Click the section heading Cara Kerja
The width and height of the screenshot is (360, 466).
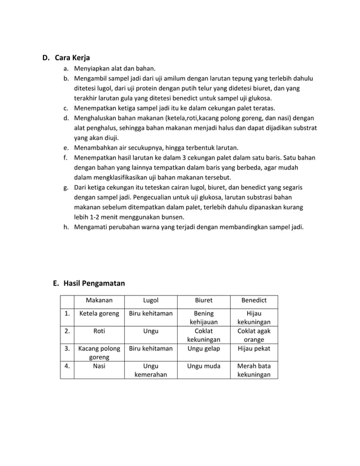pyautogui.click(x=72, y=58)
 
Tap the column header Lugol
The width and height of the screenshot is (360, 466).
pyautogui.click(x=151, y=301)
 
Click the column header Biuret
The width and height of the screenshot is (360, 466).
pyautogui.click(x=203, y=301)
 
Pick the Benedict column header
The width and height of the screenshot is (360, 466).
pyautogui.click(x=254, y=301)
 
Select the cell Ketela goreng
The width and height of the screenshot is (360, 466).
pyautogui.click(x=99, y=314)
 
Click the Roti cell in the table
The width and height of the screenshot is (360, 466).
pyautogui.click(x=99, y=331)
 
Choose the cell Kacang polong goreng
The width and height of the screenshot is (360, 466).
pyautogui.click(x=99, y=353)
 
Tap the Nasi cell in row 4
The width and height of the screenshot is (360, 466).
pyautogui.click(x=99, y=366)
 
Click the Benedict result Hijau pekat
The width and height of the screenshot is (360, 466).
pyautogui.click(x=254, y=349)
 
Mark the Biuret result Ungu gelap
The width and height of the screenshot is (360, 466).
pyautogui.click(x=203, y=349)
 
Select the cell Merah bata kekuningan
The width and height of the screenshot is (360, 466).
pyautogui.click(x=254, y=370)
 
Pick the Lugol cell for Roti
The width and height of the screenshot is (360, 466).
pyautogui.click(x=151, y=331)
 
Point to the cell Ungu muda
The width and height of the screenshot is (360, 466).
pyautogui.click(x=203, y=366)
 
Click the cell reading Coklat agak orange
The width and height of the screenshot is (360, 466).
pyautogui.click(x=254, y=336)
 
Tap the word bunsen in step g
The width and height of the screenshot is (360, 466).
pyautogui.click(x=172, y=217)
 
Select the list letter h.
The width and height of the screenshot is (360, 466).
pyautogui.click(x=66, y=227)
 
